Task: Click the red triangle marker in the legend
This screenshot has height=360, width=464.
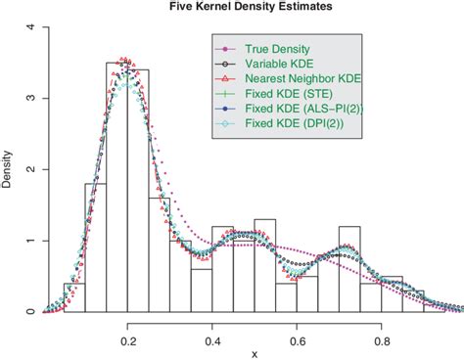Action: (x=224, y=78)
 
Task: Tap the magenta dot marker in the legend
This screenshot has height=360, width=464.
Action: (x=224, y=47)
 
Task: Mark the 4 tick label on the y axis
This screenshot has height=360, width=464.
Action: (x=30, y=27)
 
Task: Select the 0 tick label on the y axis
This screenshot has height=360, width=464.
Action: (x=30, y=312)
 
